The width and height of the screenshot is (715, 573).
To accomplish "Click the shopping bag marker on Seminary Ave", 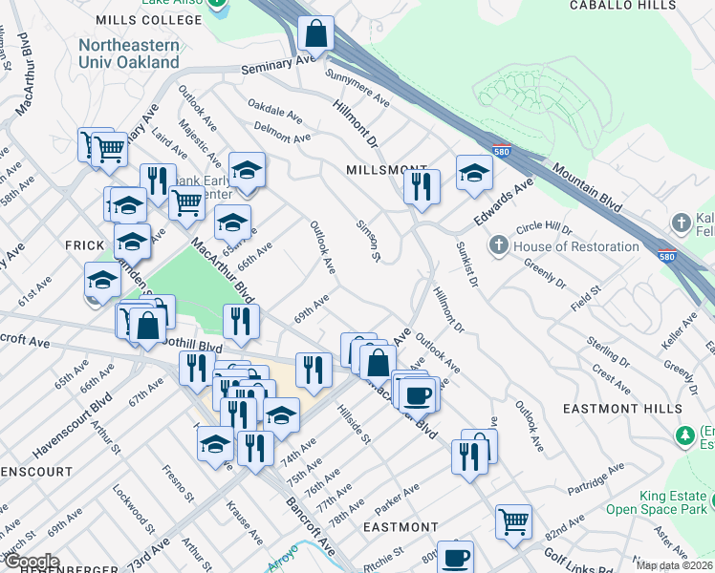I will click(x=315, y=34).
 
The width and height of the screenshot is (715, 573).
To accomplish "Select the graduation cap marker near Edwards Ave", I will click(x=473, y=173).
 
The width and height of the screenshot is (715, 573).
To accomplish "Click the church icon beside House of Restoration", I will click(x=498, y=246).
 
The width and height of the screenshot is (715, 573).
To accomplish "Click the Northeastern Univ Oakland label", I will click(x=129, y=53).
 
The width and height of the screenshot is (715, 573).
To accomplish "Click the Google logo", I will click(x=32, y=561).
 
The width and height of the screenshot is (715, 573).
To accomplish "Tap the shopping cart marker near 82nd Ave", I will click(x=514, y=521).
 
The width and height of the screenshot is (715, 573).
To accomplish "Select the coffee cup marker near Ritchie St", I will click(x=457, y=556).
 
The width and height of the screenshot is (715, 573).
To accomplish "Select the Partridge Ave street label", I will click(x=596, y=474).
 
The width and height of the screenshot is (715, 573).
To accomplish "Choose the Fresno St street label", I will click(x=179, y=481).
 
